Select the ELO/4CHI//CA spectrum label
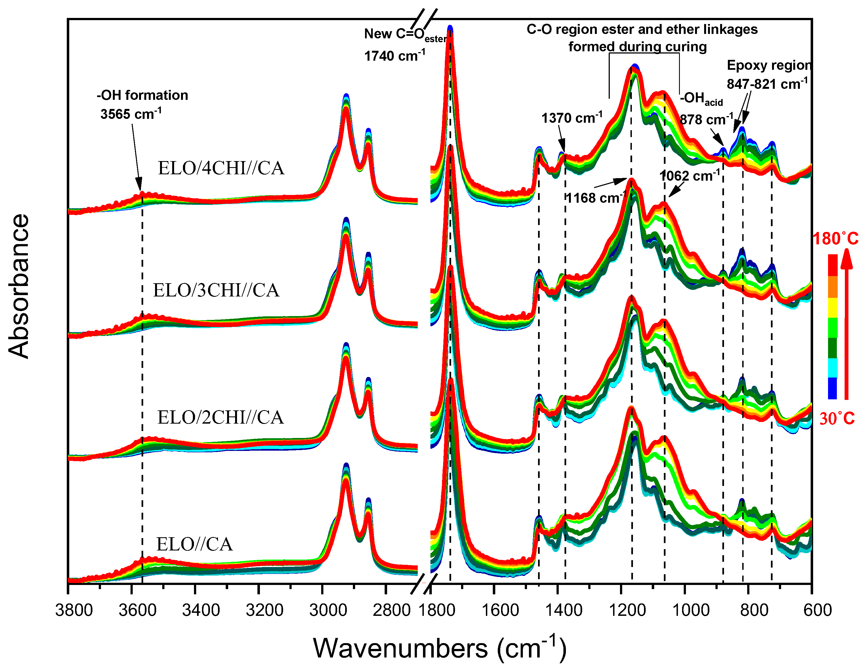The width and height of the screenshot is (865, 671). click(221, 168)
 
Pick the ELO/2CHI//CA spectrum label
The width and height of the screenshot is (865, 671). click(220, 417)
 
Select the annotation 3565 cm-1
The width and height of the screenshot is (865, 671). click(131, 114)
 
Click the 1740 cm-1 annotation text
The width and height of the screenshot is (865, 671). click(395, 56)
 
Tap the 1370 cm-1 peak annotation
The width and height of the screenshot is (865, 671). click(571, 118)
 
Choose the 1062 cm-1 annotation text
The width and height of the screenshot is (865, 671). click(690, 175)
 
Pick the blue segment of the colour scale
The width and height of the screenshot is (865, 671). click(832, 388)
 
